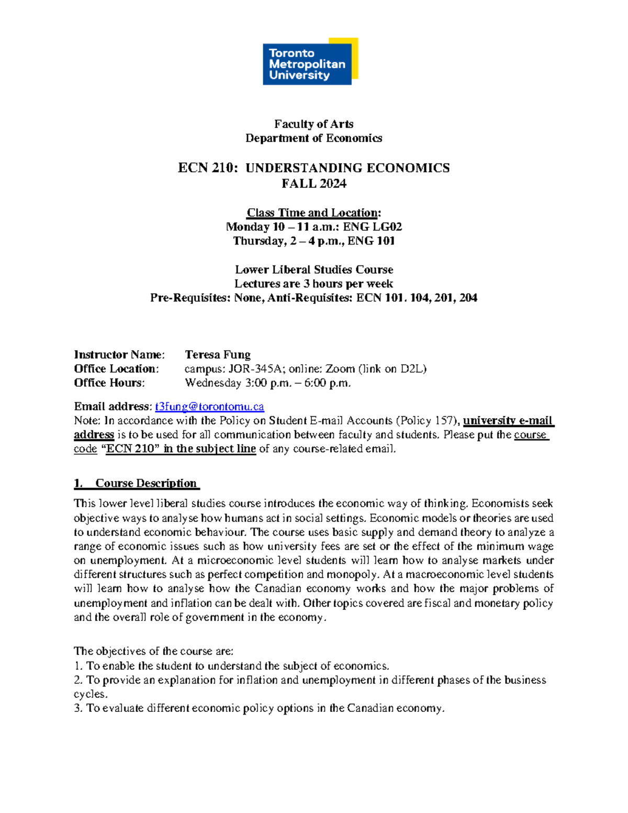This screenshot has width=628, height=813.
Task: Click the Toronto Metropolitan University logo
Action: (310, 61)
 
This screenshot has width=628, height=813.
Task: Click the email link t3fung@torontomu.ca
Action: (209, 407)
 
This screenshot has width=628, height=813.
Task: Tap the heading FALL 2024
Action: (313, 184)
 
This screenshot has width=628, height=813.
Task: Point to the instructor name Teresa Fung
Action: (218, 355)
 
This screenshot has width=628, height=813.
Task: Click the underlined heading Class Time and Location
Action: (313, 213)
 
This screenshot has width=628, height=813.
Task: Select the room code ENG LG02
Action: (372, 227)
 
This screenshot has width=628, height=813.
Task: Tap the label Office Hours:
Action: (109, 383)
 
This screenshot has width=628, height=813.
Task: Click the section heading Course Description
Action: (145, 484)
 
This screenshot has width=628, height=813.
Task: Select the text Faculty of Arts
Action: (313, 124)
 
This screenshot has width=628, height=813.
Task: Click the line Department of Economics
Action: (313, 138)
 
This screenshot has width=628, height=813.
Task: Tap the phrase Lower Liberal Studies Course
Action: (313, 270)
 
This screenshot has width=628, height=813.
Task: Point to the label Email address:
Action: (113, 407)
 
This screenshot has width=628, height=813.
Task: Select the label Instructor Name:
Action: (119, 355)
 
